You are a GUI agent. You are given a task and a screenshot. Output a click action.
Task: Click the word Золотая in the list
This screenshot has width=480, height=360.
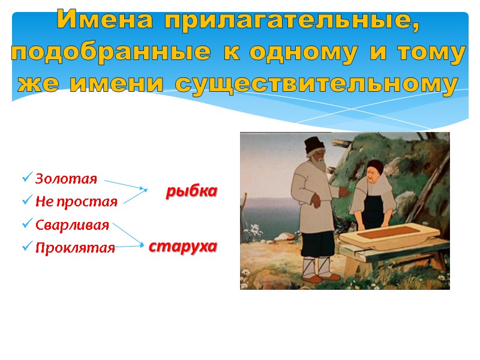(66, 179)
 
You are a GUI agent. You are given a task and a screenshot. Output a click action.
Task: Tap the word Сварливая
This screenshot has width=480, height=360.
(72, 225)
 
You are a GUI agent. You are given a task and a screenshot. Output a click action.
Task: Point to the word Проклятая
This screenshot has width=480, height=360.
(75, 247)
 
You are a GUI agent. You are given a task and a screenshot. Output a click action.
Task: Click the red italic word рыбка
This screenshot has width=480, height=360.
(191, 191)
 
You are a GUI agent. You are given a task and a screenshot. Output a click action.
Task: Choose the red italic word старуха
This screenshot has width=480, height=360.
(182, 246)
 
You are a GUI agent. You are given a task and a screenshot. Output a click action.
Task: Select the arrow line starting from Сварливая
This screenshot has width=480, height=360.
(127, 234)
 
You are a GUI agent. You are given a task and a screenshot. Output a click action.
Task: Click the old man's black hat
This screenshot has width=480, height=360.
(313, 145)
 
